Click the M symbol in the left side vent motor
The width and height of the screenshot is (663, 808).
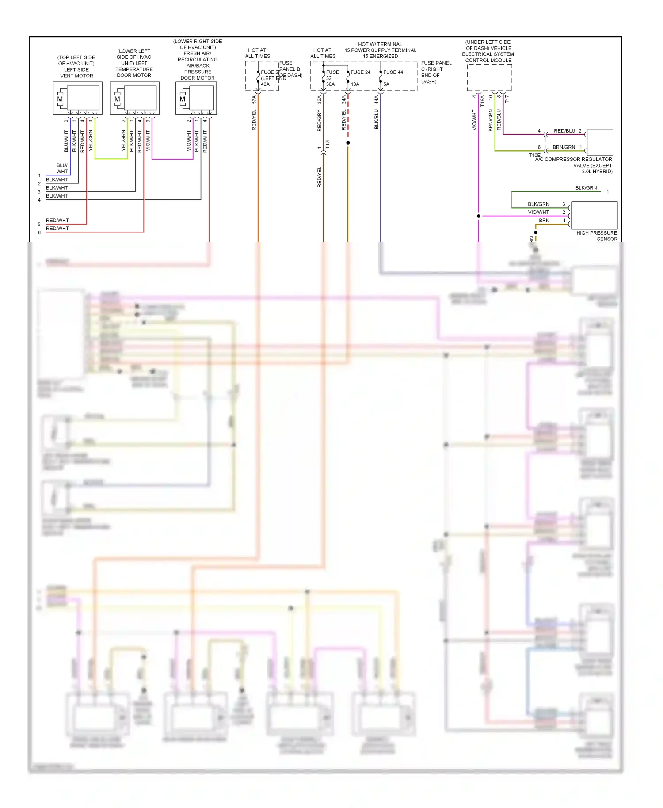(x=60, y=99)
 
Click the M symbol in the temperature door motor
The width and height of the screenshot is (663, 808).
(x=117, y=99)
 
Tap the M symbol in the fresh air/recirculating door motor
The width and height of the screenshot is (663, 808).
(x=182, y=99)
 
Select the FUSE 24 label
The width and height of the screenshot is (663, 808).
(x=360, y=72)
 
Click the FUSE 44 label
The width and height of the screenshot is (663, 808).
(x=393, y=72)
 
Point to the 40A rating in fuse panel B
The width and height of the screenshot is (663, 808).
(x=265, y=84)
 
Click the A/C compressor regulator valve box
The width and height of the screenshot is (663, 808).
(x=600, y=142)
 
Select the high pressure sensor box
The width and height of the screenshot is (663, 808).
(x=594, y=215)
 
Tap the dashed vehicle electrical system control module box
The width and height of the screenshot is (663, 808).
(x=489, y=77)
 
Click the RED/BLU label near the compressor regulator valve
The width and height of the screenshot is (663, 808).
(x=564, y=131)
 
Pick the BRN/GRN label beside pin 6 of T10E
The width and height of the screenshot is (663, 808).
(x=564, y=147)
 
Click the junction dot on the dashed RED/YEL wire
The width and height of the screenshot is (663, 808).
(x=348, y=143)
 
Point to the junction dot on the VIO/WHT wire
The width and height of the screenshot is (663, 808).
(x=478, y=216)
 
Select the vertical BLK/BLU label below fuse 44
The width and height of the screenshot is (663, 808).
(x=377, y=119)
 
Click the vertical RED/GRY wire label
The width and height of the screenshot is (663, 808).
(x=319, y=121)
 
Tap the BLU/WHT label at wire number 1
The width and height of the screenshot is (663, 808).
(x=62, y=168)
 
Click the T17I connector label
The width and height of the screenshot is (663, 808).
(x=328, y=144)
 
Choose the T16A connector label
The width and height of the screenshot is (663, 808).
(x=483, y=101)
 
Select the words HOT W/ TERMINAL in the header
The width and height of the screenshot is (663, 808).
(x=380, y=44)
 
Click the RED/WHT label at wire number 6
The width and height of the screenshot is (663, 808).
(x=57, y=229)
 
